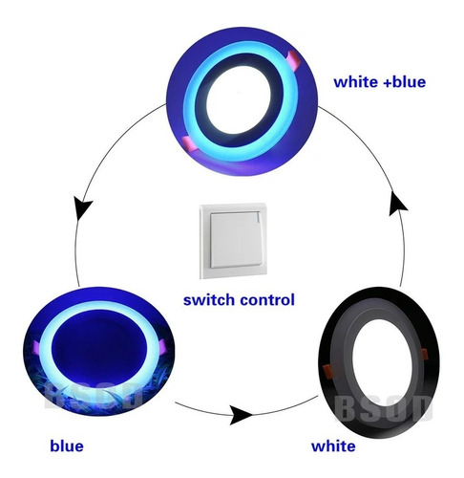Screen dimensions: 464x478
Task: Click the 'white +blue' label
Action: [x=379, y=82]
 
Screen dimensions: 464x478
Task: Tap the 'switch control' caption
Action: [x=239, y=300]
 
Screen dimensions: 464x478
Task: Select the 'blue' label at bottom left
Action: [x=67, y=445]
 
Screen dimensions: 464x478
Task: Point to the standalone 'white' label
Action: [x=333, y=445]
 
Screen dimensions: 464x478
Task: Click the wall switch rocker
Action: [x=235, y=240]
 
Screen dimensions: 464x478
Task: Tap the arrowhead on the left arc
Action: [x=83, y=207]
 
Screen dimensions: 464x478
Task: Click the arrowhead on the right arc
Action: [x=397, y=204]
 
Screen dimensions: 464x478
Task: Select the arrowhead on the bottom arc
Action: [x=241, y=415]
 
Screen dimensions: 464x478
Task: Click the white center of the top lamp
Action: [x=240, y=99]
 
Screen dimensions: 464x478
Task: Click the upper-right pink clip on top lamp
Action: [x=294, y=59]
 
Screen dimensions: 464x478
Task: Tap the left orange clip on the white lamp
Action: [x=327, y=371]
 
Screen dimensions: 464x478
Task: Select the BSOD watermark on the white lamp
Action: [x=384, y=408]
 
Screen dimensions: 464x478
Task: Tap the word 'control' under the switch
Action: [x=267, y=300]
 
